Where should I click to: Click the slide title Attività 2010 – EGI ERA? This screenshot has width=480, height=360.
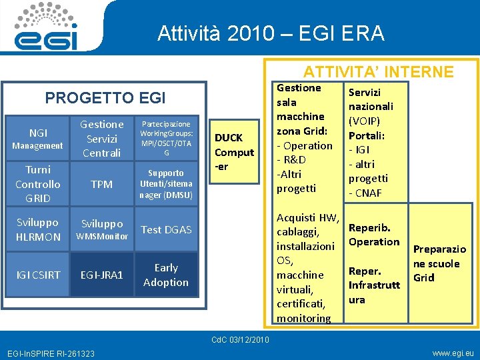click(271, 33)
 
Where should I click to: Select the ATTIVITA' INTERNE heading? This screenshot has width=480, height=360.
click(378, 72)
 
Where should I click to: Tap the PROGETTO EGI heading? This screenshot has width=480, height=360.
click(105, 98)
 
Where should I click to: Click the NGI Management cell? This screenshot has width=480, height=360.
click(37, 139)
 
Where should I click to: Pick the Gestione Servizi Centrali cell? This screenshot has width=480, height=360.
click(101, 139)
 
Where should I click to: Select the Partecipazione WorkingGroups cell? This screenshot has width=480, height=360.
click(166, 139)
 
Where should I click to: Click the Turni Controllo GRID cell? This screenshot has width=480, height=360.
click(37, 184)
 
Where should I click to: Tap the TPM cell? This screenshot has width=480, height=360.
click(101, 184)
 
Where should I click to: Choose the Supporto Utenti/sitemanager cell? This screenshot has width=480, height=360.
click(166, 184)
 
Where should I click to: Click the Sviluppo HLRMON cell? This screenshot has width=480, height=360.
click(37, 229)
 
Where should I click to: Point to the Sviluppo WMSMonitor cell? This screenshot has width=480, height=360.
click(101, 229)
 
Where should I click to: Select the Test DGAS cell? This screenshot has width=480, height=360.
click(166, 229)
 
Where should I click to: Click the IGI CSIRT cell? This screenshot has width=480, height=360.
click(37, 275)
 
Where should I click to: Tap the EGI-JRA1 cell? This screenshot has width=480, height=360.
click(101, 275)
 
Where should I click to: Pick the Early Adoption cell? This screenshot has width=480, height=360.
click(166, 275)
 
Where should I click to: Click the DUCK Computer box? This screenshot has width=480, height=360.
click(234, 152)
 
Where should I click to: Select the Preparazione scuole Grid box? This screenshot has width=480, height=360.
click(440, 263)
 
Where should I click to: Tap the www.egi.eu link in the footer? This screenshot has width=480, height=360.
click(453, 353)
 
